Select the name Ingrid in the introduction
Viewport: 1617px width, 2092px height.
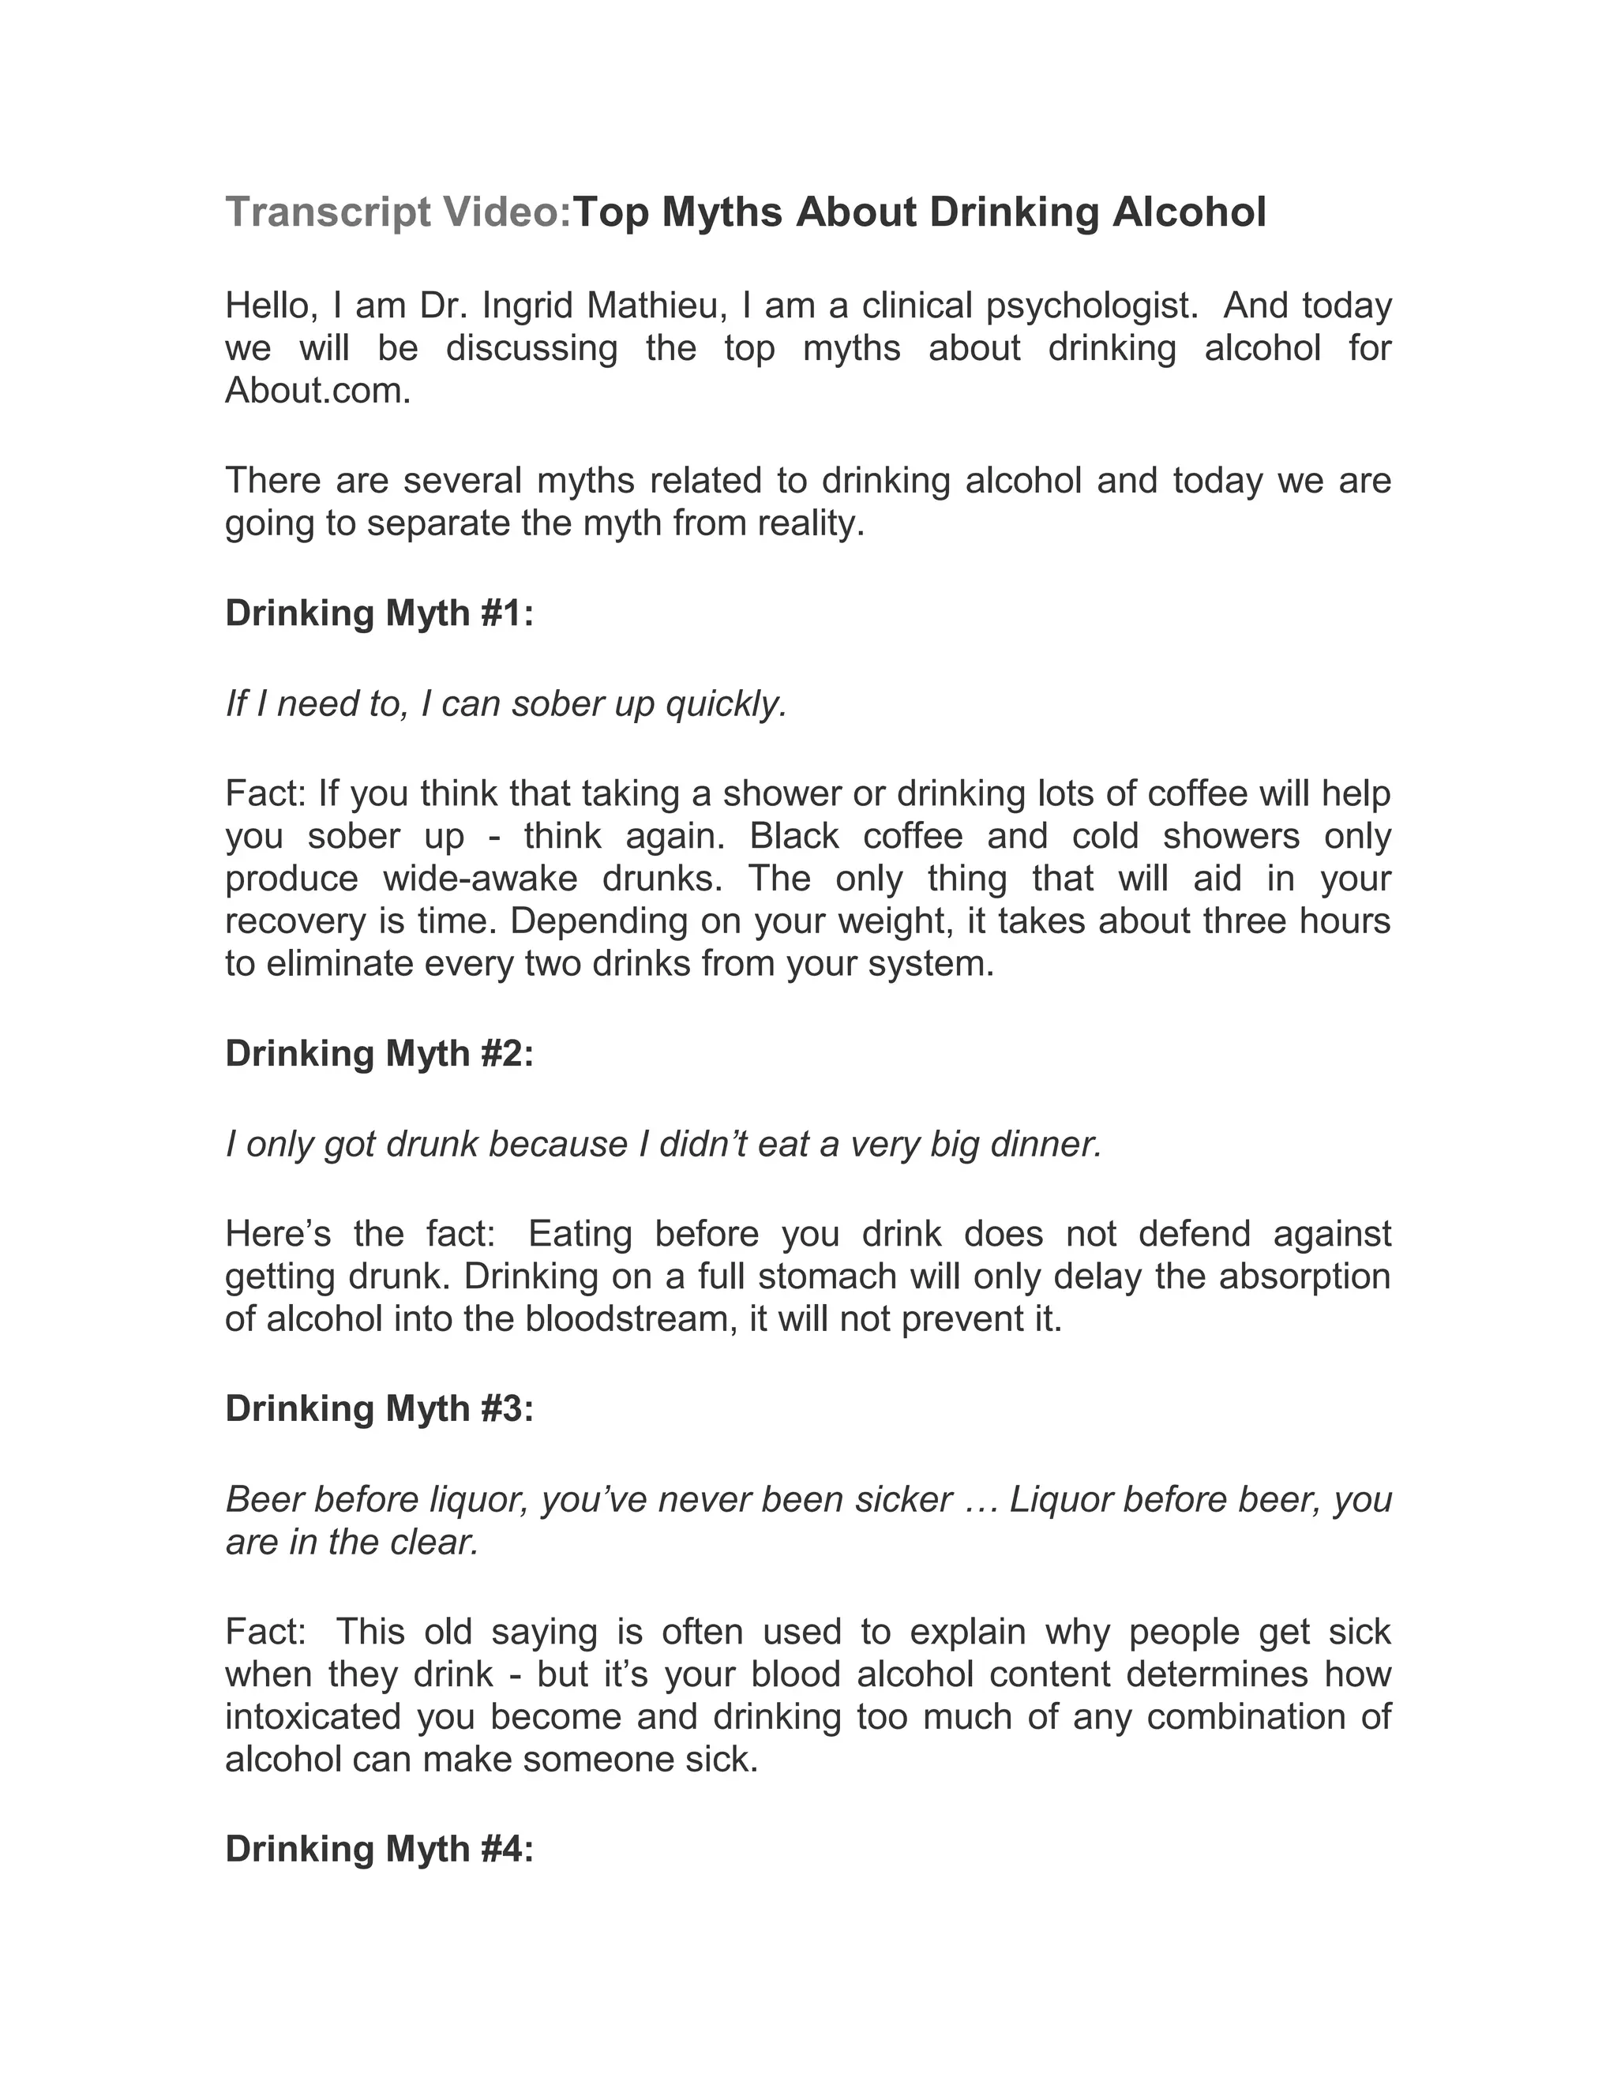click(527, 306)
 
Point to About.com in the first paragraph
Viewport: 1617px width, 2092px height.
click(317, 391)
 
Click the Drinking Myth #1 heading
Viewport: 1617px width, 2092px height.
click(379, 613)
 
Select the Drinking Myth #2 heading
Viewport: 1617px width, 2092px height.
click(379, 1054)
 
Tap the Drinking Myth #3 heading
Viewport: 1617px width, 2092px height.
click(379, 1409)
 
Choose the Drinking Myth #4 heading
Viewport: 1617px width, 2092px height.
click(379, 1849)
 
